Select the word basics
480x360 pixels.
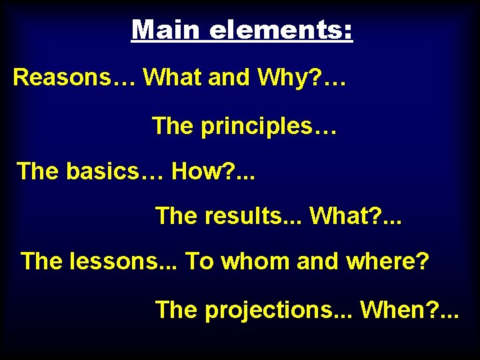point(114,171)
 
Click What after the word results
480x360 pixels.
point(343,215)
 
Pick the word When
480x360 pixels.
point(398,309)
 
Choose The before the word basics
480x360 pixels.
point(38,171)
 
